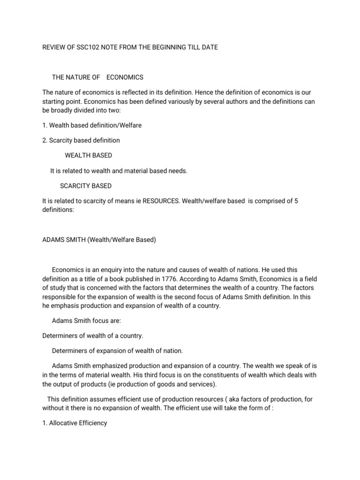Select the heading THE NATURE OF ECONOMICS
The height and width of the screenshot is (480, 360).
tap(97, 77)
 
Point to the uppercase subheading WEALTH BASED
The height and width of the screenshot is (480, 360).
tap(88, 155)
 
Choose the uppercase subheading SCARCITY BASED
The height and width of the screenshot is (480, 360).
tap(86, 186)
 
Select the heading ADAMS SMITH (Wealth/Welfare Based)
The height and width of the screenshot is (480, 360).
tap(99, 240)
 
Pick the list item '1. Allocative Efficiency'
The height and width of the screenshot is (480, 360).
tap(75, 423)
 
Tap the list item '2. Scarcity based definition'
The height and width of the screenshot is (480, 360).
tap(81, 140)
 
